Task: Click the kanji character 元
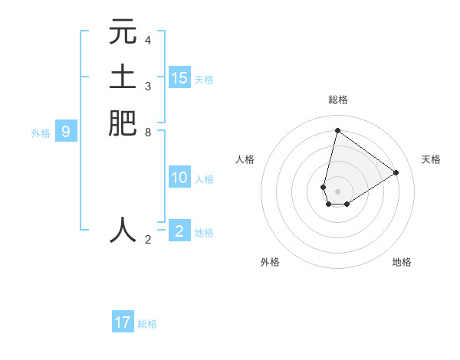click(x=123, y=32)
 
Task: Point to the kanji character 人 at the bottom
click(x=123, y=229)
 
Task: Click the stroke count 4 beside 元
click(x=148, y=41)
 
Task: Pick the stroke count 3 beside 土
click(x=148, y=86)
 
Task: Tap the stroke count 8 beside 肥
click(x=148, y=132)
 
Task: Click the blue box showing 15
click(x=179, y=77)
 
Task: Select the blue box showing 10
click(x=179, y=178)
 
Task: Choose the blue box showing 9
click(x=66, y=132)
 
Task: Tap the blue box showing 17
click(x=123, y=322)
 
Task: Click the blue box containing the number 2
click(x=179, y=231)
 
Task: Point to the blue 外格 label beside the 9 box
click(x=41, y=133)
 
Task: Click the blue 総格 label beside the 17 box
click(x=147, y=324)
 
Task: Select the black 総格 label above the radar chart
click(x=337, y=100)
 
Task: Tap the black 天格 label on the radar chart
click(x=431, y=159)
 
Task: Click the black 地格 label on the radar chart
click(x=402, y=262)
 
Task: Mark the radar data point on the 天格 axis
click(x=396, y=172)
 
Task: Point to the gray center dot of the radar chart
click(x=337, y=191)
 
